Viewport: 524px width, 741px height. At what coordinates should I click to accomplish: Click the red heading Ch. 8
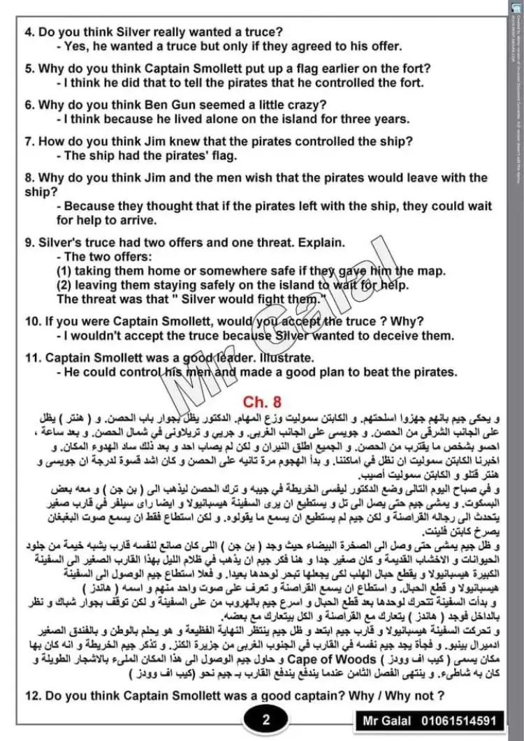pos(262,402)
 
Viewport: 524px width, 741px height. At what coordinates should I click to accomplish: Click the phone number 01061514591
pos(458,720)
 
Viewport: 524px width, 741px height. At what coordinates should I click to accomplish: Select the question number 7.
pos(29,141)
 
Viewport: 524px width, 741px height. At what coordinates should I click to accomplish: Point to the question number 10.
pos(32,321)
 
